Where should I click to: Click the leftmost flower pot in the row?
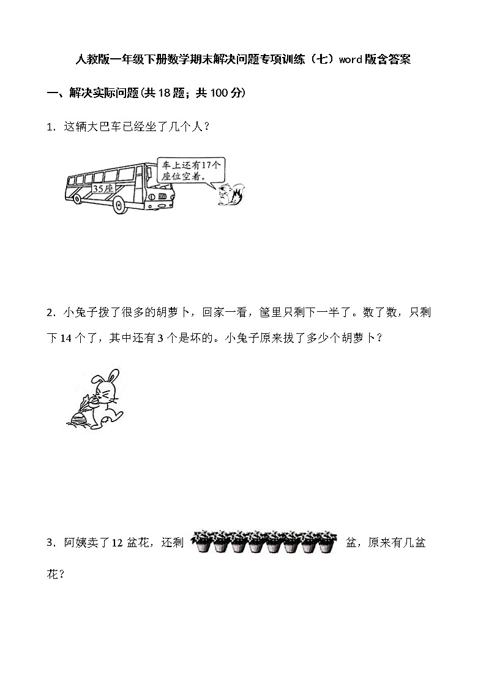point(201,543)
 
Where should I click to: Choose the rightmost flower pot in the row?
point(327,543)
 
